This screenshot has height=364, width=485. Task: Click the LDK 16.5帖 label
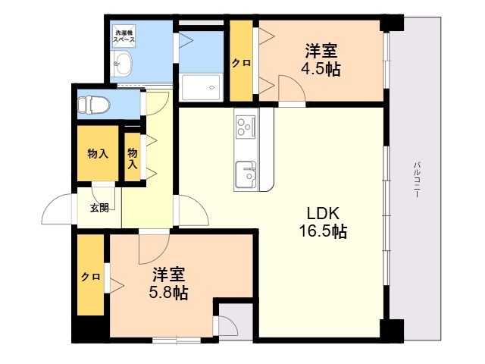(x=327, y=221)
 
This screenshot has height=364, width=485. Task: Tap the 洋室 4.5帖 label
(x=322, y=61)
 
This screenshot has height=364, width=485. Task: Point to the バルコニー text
(x=417, y=180)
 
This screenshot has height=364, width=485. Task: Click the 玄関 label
(x=99, y=207)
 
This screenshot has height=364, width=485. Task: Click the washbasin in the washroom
(x=123, y=62)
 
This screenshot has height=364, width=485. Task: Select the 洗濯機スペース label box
(x=124, y=34)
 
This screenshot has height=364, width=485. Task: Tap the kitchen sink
(x=246, y=174)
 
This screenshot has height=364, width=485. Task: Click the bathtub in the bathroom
(x=202, y=88)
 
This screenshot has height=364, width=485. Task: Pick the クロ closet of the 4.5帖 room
(x=241, y=63)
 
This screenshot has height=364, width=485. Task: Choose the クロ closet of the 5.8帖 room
(x=90, y=277)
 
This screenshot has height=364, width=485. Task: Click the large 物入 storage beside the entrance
(x=98, y=154)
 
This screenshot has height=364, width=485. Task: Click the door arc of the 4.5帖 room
(x=293, y=89)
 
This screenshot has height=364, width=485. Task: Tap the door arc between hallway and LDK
(x=192, y=212)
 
